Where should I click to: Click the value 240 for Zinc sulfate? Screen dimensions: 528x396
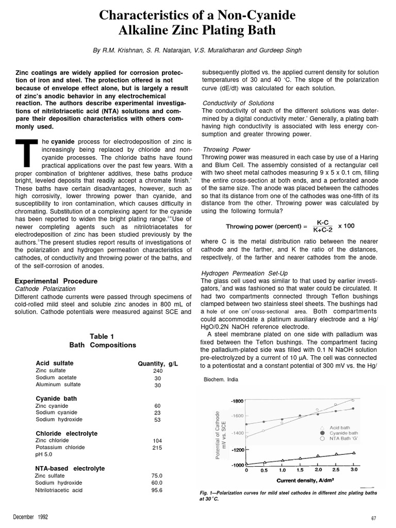click(158, 371)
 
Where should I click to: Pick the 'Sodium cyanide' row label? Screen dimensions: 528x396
click(57, 412)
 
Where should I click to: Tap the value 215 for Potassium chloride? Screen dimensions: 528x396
click(158, 448)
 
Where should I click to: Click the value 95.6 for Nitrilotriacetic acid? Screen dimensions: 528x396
click(157, 490)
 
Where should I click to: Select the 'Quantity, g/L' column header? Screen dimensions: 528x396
click(158, 364)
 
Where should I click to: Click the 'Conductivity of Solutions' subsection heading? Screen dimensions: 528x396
click(238, 103)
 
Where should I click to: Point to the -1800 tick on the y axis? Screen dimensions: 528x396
click(237, 401)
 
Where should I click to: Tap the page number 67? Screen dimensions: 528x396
click(374, 518)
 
